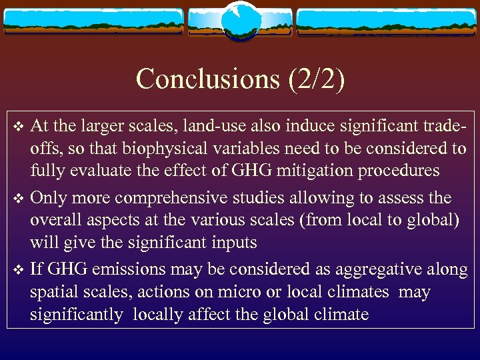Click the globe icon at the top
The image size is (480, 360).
coord(239,20)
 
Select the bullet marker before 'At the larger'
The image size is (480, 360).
coord(19,125)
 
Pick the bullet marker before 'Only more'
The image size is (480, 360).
coord(19,199)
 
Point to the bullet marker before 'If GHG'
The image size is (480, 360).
coord(19,270)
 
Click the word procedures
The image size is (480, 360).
coord(403,170)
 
